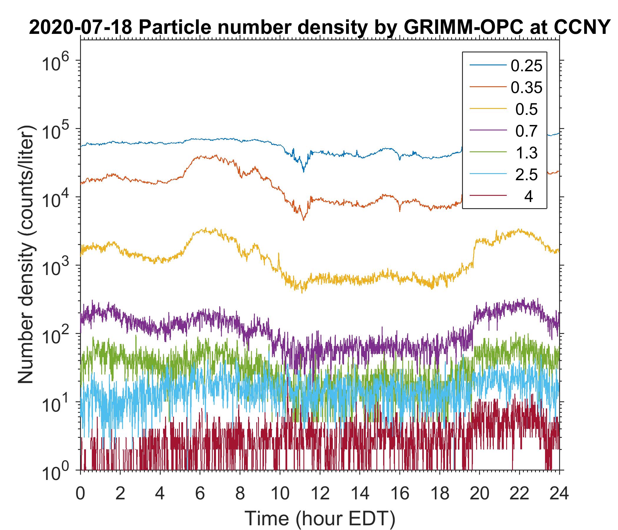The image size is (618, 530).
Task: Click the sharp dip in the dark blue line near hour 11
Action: click(304, 171)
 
